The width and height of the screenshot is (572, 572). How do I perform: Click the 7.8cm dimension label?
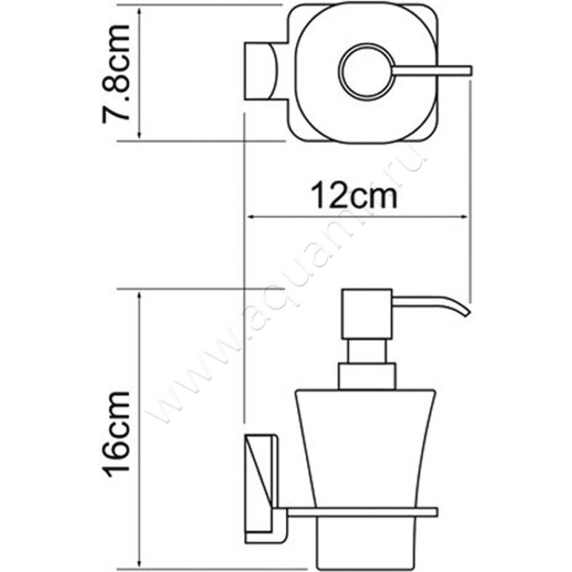(117, 73)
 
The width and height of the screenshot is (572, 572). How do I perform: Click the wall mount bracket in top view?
(262, 71)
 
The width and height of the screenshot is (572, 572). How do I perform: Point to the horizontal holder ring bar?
(357, 511)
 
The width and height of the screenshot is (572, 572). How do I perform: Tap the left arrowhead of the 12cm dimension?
(250, 217)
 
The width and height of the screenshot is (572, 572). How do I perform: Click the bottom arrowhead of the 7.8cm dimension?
(141, 137)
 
